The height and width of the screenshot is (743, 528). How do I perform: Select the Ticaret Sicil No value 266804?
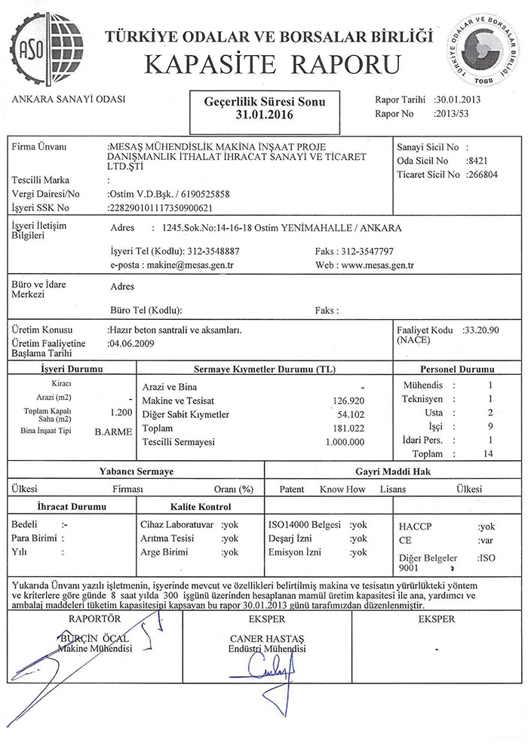click(x=485, y=174)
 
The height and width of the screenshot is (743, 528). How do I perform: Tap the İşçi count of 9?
click(x=490, y=426)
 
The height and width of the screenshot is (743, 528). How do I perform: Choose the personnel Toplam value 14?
click(x=489, y=453)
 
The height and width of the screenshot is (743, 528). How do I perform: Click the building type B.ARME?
click(x=114, y=434)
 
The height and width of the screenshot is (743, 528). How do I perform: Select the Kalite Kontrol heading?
click(x=201, y=506)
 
